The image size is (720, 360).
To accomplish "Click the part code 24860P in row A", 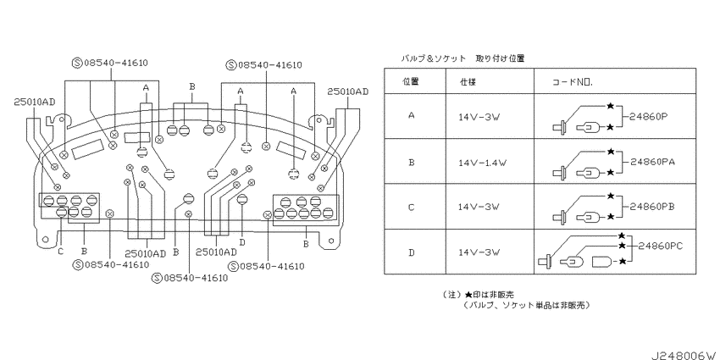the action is pos(647,117).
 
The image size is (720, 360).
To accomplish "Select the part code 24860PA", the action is pos(650,162).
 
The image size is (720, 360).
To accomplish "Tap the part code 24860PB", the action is pos(650,207).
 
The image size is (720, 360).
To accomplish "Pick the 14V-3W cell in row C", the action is pos(478,207).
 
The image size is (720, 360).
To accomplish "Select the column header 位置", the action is pos(411,81).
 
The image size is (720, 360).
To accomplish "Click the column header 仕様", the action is pos(468,82).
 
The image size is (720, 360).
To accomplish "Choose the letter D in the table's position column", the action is pos(411,252).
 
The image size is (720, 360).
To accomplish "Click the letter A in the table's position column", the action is pos(411,116).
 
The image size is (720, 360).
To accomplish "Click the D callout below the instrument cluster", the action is pos(242,242).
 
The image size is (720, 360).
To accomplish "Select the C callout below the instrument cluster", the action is pos(61,252).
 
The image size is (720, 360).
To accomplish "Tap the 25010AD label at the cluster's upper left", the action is pos(34,102).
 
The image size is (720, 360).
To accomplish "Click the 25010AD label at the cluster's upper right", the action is pos(347,91).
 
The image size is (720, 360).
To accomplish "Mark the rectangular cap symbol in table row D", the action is pos(601,262).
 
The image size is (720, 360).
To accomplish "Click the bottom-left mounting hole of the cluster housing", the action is pos(45,239).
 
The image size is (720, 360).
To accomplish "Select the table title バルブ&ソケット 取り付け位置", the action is pos(462,58).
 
